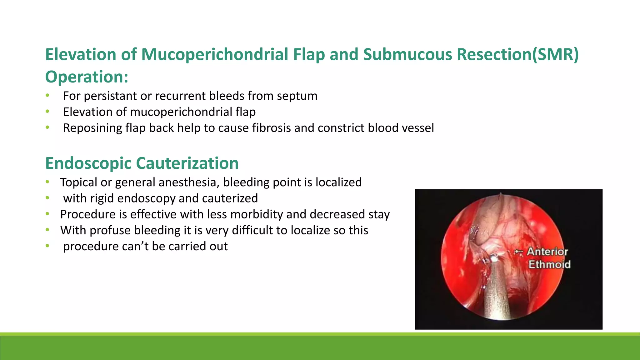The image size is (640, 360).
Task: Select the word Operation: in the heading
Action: pyautogui.click(x=87, y=77)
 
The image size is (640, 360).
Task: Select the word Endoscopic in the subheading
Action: pyautogui.click(x=88, y=163)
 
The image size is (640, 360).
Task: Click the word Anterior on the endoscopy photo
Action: pyautogui.click(x=547, y=252)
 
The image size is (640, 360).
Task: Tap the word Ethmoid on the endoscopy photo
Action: pyautogui.click(x=549, y=264)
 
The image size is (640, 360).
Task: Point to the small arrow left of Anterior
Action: pyautogui.click(x=519, y=252)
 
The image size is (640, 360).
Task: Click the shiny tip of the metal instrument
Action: pyautogui.click(x=494, y=258)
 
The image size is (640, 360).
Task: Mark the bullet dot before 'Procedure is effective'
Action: pyautogui.click(x=47, y=214)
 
